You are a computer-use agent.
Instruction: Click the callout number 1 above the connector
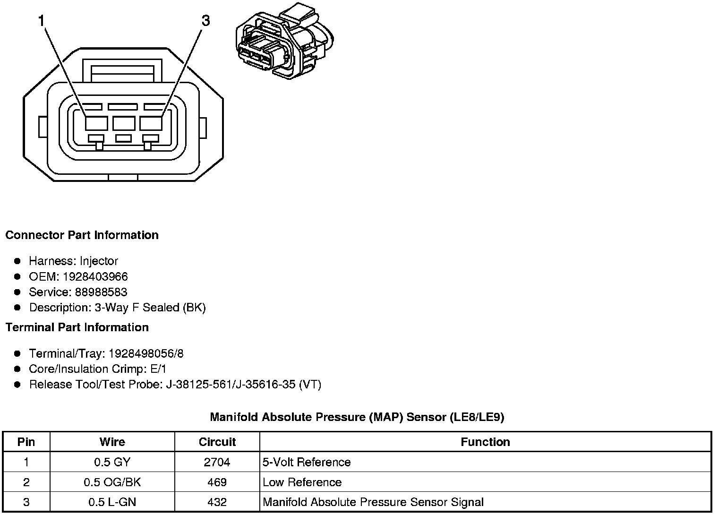(x=42, y=21)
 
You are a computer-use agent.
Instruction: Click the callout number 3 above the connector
(x=205, y=21)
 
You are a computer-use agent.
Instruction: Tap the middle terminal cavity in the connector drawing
(x=124, y=123)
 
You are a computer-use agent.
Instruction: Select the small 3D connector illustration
(x=285, y=41)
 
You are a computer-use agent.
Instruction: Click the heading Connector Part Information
(x=82, y=235)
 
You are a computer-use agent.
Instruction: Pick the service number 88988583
(x=101, y=292)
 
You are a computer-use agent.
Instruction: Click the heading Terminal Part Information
(x=77, y=327)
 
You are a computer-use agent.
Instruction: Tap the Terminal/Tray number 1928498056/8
(x=146, y=353)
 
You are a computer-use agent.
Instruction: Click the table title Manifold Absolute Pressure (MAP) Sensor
(x=357, y=417)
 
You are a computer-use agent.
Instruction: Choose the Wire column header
(x=112, y=442)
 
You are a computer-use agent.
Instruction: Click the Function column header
(x=485, y=442)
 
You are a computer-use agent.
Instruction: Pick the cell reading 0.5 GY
(x=112, y=462)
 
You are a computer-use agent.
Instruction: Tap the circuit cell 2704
(x=217, y=462)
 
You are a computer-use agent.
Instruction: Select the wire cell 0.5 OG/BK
(x=112, y=482)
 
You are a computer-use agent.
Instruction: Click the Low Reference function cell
(x=302, y=482)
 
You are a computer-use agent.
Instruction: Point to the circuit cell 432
(x=217, y=502)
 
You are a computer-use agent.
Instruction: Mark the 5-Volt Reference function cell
(x=307, y=462)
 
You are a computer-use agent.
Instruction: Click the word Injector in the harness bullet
(x=99, y=261)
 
